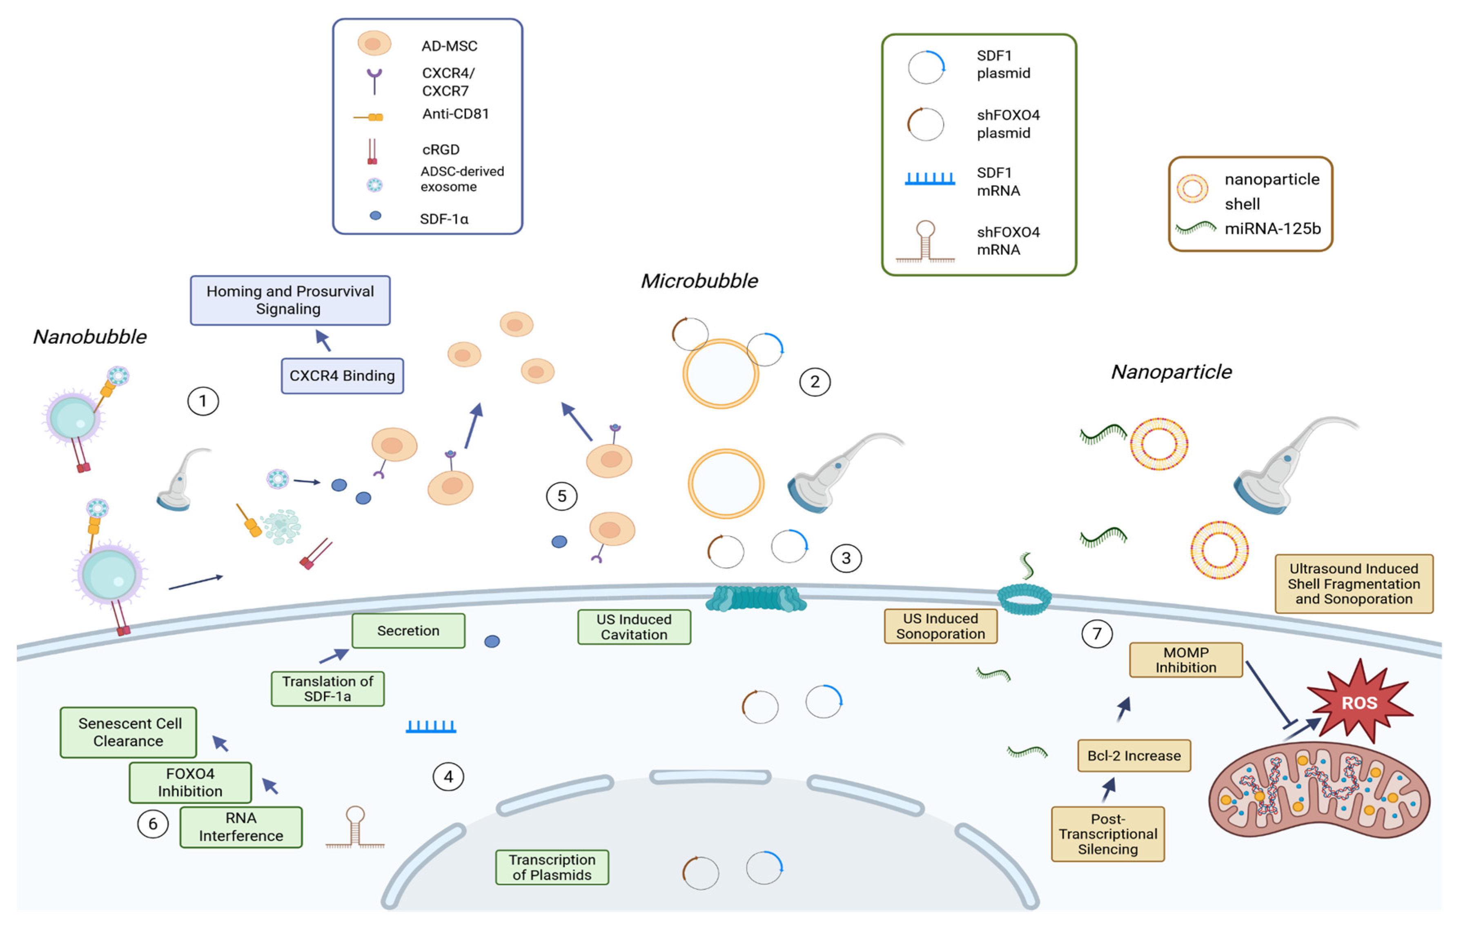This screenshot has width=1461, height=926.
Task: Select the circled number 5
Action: coord(561,496)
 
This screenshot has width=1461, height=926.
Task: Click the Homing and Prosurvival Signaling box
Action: coord(290,300)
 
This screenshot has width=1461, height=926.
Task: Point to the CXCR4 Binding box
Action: coord(342,376)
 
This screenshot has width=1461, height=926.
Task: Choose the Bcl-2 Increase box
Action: coord(1134,755)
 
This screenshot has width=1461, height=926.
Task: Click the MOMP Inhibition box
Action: coord(1185,660)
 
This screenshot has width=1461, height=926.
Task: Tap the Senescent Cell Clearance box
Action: coord(129,732)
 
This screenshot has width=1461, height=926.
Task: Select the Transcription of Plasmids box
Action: coord(552,867)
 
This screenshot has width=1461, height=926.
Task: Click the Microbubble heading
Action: coord(699,281)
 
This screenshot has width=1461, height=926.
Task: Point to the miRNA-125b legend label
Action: coord(1272,229)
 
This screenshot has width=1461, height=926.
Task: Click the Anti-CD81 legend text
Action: coord(456,114)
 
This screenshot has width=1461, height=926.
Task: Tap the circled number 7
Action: coord(1096,634)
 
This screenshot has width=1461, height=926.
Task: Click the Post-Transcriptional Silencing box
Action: coord(1107,834)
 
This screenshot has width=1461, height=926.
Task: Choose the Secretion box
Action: coord(408,631)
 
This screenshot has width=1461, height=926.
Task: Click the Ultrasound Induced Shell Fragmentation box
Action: coord(1354,583)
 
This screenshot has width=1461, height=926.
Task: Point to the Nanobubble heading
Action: coord(90,337)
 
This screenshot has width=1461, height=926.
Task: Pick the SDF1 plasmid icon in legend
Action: coord(926,67)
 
